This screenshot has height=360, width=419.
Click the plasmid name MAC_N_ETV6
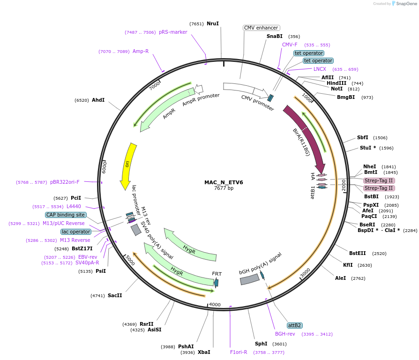[x=224, y=182]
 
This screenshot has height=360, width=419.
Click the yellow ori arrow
[x=127, y=165]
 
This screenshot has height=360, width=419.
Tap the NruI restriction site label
[x=213, y=23]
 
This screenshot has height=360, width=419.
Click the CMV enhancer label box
[x=261, y=28]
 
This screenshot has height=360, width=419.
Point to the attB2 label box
[x=294, y=325]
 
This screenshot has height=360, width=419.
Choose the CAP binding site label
[x=66, y=215]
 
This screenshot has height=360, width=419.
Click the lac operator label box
[x=75, y=232]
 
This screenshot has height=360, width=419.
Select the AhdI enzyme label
[x=98, y=100]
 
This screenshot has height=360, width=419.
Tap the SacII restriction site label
[x=115, y=296]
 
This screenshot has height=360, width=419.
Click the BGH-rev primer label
[x=285, y=334]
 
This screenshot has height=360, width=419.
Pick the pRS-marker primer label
[x=173, y=32]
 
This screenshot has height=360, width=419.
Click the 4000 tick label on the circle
[x=215, y=305]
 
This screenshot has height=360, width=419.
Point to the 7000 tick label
[x=155, y=86]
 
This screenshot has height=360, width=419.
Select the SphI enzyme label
[x=261, y=344]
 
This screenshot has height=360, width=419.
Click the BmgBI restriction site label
[x=346, y=97]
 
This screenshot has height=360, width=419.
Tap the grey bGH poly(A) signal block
[x=249, y=279]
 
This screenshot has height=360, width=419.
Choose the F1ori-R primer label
[x=239, y=352]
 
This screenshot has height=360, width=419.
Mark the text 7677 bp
[x=224, y=188]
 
